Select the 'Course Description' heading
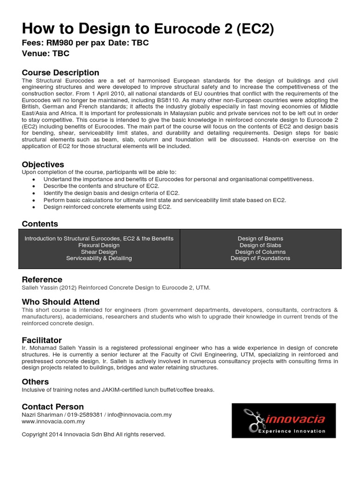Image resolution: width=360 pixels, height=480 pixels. [60, 73]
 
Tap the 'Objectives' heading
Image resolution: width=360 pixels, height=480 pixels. [43, 165]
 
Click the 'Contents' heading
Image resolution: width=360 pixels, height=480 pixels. [40, 224]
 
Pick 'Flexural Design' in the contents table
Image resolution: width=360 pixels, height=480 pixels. [99, 245]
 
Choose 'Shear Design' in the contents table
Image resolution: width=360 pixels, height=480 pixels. [99, 252]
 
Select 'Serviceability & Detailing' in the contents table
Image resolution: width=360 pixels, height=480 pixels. [99, 258]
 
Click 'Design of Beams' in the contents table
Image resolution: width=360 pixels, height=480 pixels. [260, 239]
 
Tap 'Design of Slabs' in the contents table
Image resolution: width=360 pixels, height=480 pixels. [260, 245]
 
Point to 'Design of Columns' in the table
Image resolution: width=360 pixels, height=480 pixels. [260, 252]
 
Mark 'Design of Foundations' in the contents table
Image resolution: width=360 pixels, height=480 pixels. [260, 258]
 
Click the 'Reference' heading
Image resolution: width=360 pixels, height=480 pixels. [42, 279]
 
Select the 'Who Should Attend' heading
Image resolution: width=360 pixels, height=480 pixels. [60, 302]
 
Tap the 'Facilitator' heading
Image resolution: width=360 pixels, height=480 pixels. [42, 340]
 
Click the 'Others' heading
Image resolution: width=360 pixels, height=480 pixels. [35, 382]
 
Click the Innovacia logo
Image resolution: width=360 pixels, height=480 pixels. [284, 420]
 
